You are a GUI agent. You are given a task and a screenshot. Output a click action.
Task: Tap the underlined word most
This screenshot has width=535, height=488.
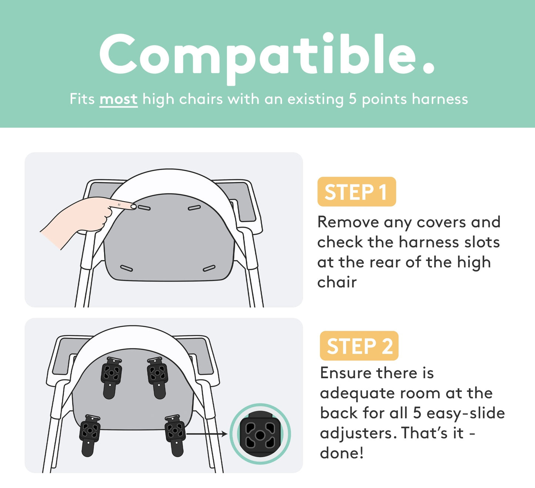click(118, 99)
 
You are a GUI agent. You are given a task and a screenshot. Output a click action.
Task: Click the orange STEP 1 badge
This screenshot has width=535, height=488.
click(357, 192)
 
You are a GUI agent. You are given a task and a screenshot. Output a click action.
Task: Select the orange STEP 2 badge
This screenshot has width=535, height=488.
click(359, 346)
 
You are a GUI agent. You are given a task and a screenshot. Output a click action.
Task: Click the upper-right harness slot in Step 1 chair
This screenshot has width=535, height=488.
click(194, 207)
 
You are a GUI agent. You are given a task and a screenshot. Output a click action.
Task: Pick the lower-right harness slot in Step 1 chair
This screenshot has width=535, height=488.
click(209, 268)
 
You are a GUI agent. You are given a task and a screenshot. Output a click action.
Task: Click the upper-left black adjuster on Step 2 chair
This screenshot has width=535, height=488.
click(111, 378)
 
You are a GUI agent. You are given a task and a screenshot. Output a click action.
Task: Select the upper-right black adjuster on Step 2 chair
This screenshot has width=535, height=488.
click(158, 378)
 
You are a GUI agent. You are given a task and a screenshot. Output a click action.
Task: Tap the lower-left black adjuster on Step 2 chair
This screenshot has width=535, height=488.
click(90, 436)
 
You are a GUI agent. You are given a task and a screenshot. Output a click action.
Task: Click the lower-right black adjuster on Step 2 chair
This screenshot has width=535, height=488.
click(175, 436)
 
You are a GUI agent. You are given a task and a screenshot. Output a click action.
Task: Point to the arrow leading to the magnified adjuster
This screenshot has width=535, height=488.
click(207, 434)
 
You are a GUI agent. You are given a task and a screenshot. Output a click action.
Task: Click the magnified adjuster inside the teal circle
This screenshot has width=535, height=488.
click(260, 434)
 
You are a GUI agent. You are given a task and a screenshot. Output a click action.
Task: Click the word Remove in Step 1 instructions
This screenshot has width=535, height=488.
click(348, 223)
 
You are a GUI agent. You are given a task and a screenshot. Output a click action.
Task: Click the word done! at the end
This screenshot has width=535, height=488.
click(342, 453)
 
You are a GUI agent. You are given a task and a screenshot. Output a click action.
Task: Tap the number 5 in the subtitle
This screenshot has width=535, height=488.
click(352, 99)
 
